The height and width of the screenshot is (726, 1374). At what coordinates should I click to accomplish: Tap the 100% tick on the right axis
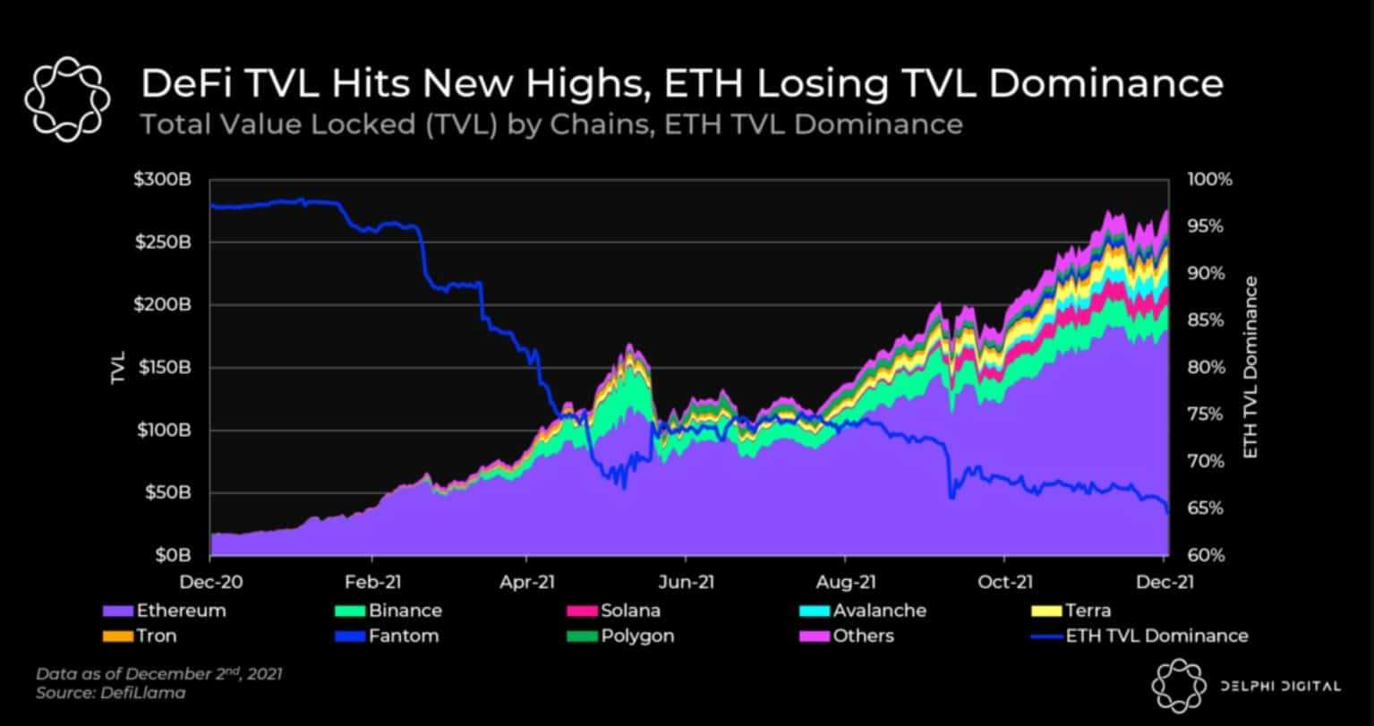click(1210, 180)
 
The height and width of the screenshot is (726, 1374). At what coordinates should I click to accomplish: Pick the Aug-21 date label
click(846, 581)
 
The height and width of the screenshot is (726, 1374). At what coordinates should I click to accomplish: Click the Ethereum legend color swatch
click(118, 611)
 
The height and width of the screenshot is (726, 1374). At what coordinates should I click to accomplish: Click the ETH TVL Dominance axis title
click(1250, 367)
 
